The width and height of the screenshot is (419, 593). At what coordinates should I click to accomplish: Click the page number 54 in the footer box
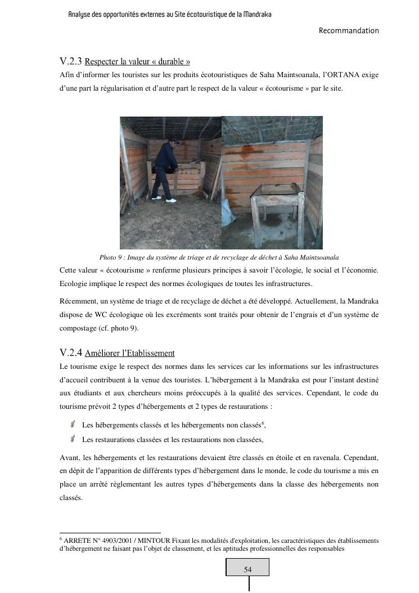click(247, 569)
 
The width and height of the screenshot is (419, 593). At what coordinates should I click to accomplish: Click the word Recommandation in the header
click(349, 30)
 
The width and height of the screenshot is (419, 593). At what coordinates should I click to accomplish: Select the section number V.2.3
click(71, 61)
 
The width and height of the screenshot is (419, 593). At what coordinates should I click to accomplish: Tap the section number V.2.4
click(71, 353)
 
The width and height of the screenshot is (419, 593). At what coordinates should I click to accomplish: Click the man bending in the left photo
click(165, 169)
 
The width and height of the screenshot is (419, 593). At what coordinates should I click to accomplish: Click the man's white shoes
click(163, 199)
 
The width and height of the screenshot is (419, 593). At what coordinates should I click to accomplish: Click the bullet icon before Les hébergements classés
click(73, 423)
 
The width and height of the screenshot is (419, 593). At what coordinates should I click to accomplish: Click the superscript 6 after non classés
click(263, 422)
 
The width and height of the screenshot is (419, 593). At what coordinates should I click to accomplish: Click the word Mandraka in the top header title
click(257, 14)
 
